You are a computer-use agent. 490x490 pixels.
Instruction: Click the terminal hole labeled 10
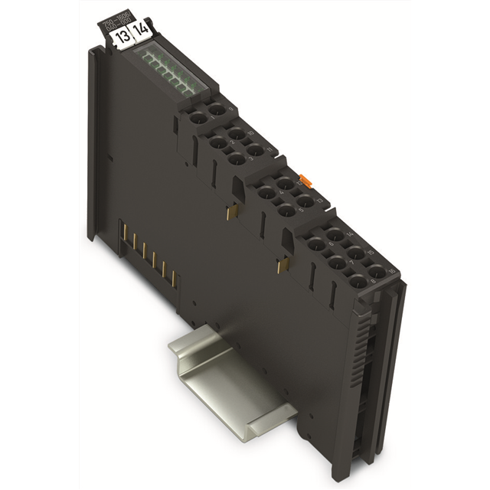[237, 135]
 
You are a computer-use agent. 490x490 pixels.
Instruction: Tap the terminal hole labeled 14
[334, 236]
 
